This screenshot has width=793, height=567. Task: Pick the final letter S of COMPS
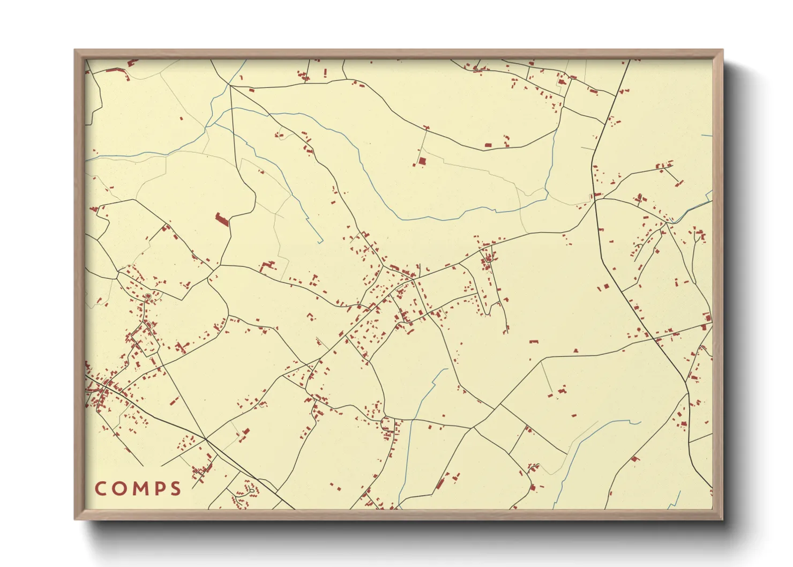[x=175, y=489]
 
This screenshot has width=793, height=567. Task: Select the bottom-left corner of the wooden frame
[x=75, y=519]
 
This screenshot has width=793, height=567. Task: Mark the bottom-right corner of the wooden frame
[x=722, y=519]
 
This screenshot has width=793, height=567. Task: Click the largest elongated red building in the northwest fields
[x=222, y=219]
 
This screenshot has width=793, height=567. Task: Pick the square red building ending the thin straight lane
[x=422, y=160]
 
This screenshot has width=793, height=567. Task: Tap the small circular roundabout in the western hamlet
[x=148, y=296]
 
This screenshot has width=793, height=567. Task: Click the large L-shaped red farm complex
[x=267, y=266]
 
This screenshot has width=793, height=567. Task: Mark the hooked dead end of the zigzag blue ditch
[x=320, y=242]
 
